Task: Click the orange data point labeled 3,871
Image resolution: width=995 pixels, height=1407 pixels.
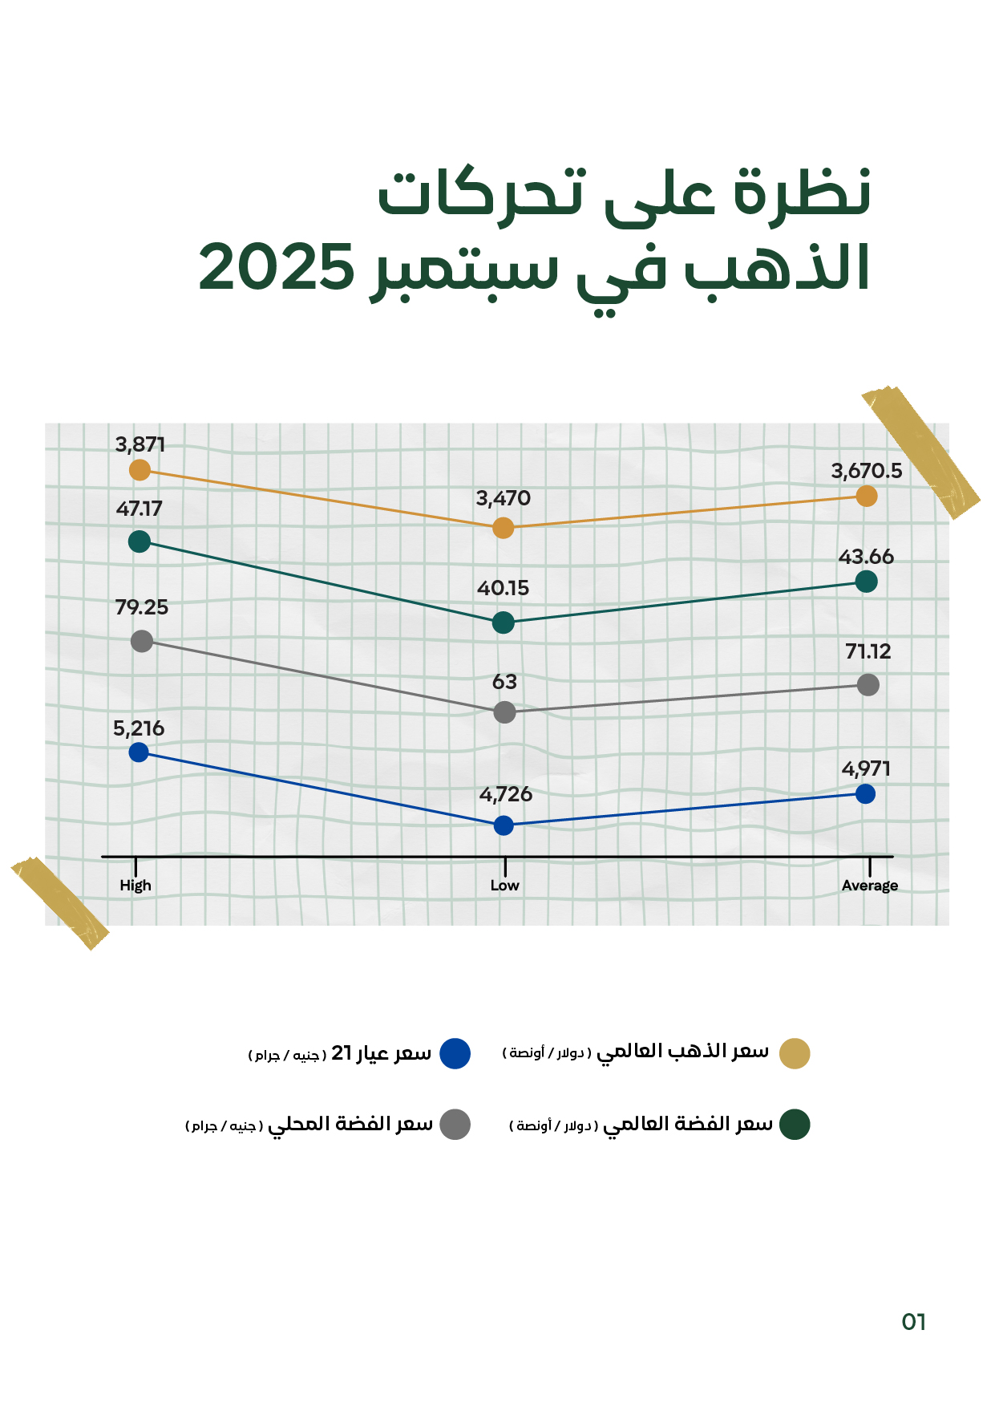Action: coord(140,470)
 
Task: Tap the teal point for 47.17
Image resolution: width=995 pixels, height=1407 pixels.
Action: coord(140,541)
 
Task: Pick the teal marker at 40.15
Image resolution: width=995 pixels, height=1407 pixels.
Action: coord(504,622)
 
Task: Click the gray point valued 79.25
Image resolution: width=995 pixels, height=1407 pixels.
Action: coord(142,641)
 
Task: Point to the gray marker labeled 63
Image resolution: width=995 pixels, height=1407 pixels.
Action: coord(504,712)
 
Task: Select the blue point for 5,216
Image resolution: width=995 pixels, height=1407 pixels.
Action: coord(139,752)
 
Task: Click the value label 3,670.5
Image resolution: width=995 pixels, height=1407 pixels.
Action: coord(867,472)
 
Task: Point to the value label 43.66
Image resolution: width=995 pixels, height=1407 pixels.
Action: coord(866,557)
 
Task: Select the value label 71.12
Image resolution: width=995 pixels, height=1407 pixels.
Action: coord(868,651)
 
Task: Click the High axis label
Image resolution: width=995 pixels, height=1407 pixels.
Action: coord(135,886)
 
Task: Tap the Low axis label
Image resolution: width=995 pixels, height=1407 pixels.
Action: coord(505,886)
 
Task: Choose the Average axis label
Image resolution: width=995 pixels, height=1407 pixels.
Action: coord(870,886)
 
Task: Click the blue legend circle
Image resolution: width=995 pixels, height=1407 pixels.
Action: coord(455,1053)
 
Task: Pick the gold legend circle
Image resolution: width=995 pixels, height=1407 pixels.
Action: coord(795,1053)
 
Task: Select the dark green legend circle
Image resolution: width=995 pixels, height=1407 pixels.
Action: coord(795,1124)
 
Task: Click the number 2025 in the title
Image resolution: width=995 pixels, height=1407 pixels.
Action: coord(277,268)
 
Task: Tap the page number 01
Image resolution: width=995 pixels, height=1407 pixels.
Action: coord(914,1322)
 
